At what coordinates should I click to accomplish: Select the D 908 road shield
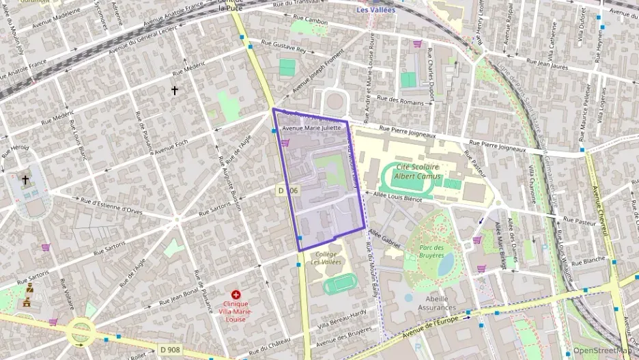170,349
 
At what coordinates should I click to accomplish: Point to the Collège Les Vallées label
326,258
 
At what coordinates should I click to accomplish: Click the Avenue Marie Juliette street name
311,128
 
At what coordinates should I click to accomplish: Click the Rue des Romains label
404,100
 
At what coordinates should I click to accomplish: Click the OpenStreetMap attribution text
603,350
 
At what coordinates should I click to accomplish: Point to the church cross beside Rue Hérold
25,180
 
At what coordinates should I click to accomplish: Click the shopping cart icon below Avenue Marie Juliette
285,143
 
